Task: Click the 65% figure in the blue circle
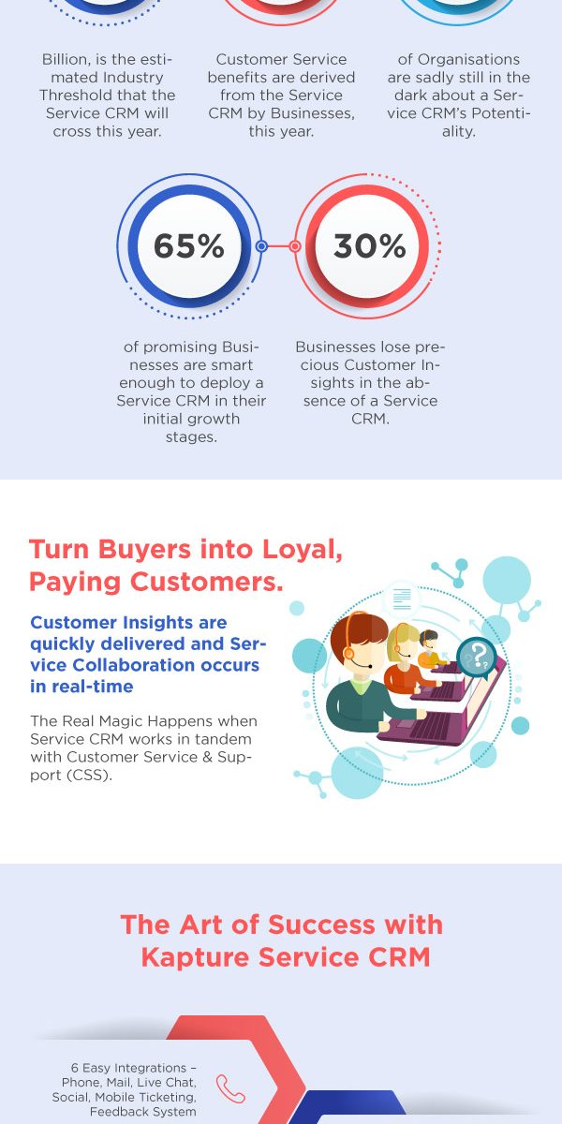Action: coord(188,245)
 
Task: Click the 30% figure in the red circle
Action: coord(369,245)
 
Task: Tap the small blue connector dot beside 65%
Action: coord(261,245)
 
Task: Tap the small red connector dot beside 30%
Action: coord(295,245)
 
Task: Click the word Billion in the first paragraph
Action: coord(64,60)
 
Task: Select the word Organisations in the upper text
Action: coord(468,60)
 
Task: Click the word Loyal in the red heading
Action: coord(303,550)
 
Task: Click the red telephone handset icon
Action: coord(230,1088)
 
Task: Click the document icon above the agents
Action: coord(403,599)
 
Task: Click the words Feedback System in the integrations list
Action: coord(143,1112)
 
